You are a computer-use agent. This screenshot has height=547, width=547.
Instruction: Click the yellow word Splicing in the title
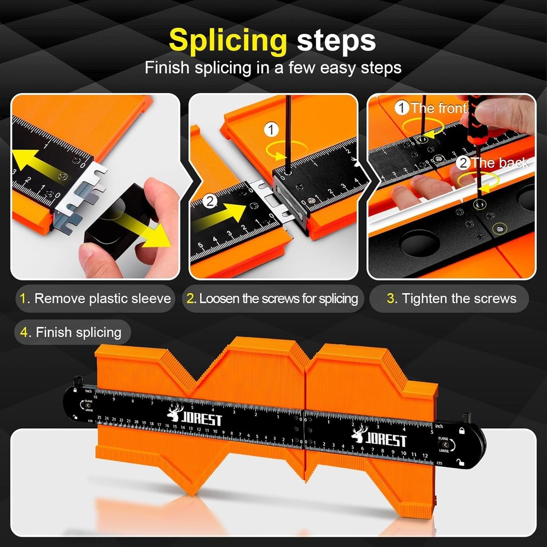228,41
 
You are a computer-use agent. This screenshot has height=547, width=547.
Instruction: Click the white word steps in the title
336,41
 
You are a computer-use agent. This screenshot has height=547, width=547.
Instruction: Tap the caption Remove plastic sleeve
96,299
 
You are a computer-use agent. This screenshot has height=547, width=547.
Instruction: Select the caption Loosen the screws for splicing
272,299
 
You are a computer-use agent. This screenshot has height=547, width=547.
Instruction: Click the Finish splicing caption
72,332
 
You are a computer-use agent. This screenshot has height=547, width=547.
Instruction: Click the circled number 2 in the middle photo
210,201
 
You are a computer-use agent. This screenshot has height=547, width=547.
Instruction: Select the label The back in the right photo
492,162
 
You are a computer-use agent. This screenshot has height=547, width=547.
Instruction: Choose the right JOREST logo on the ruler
380,438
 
